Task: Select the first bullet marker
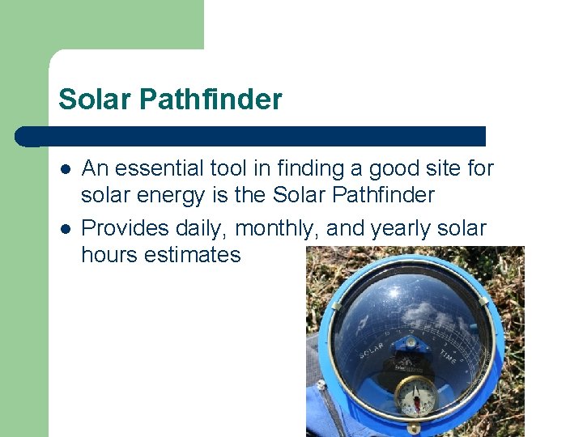[66, 169]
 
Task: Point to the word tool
[229, 168]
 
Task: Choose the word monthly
[279, 229]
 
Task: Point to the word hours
[109, 255]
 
